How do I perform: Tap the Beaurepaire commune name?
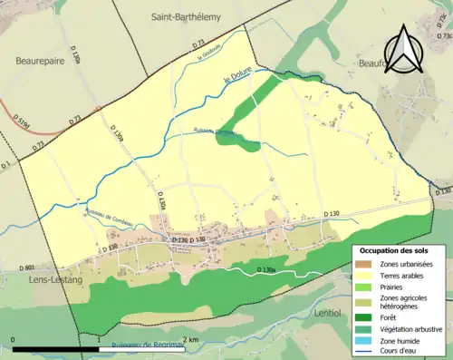pyautogui.click(x=42, y=61)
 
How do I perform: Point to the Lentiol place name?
pyautogui.click(x=324, y=313)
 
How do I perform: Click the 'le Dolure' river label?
pyautogui.click(x=236, y=80)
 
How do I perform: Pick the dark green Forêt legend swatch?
pyautogui.click(x=362, y=318)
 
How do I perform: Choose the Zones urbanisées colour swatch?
pyautogui.click(x=362, y=264)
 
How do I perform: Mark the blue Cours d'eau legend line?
pyautogui.click(x=362, y=353)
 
